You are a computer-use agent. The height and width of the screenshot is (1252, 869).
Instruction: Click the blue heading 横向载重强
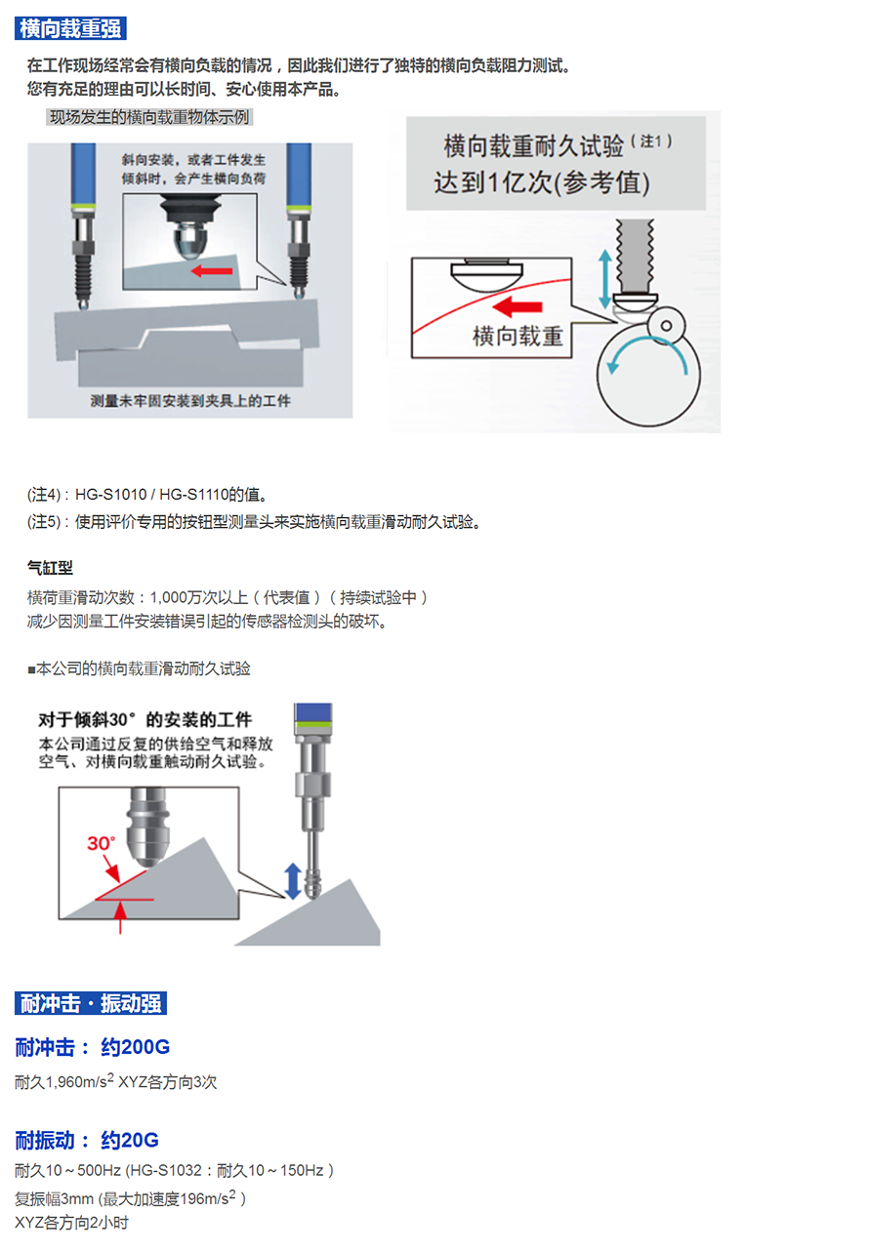click(70, 28)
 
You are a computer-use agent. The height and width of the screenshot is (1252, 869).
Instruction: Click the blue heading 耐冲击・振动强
click(91, 1003)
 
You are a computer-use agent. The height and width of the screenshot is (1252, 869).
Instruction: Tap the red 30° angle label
click(101, 843)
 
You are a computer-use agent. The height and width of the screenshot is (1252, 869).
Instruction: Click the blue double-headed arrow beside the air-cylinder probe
click(293, 881)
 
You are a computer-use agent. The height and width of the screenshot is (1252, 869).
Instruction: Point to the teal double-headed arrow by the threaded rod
click(604, 279)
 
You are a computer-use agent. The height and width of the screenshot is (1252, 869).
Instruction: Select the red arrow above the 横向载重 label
click(517, 306)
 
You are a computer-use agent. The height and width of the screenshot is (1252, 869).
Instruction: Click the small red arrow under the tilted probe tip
click(211, 271)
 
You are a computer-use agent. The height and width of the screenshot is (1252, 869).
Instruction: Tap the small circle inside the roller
click(666, 325)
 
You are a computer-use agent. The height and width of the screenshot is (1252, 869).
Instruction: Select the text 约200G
click(136, 1047)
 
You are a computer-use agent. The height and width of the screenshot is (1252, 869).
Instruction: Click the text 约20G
click(130, 1140)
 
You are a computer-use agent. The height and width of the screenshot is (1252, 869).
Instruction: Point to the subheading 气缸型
click(50, 568)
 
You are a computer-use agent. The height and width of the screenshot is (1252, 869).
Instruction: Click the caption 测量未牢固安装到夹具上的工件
click(190, 401)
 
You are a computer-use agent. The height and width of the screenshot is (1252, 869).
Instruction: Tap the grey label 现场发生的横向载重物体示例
click(149, 117)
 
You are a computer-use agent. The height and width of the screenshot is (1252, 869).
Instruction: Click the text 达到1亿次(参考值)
click(542, 182)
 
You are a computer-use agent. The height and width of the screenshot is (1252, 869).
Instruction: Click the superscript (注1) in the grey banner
click(651, 141)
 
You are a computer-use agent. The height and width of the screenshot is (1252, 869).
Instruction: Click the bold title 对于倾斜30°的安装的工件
click(145, 719)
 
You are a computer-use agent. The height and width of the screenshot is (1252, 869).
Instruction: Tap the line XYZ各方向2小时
click(71, 1223)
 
